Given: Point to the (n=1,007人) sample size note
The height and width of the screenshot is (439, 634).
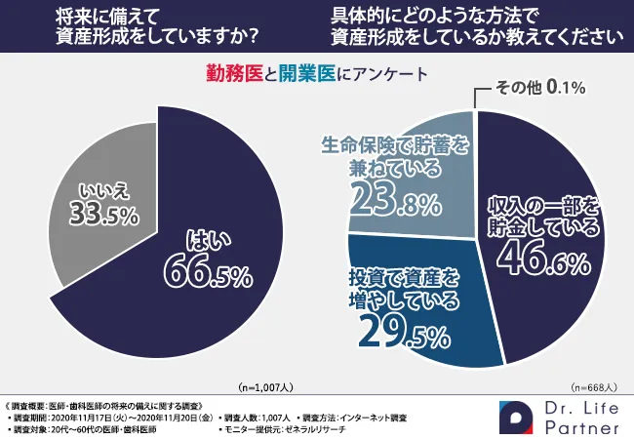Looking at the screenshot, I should point(269,386).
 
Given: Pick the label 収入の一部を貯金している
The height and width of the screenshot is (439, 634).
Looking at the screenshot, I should point(545,216).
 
